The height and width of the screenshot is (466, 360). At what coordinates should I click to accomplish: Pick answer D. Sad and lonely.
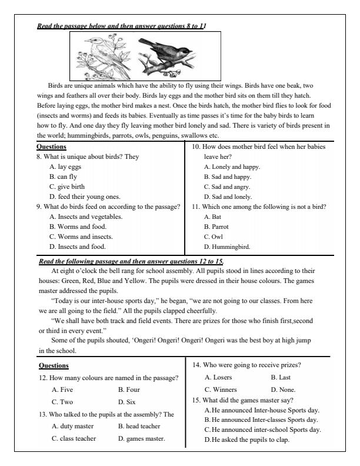[227, 196]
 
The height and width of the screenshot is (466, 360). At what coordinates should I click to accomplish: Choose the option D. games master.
[141, 438]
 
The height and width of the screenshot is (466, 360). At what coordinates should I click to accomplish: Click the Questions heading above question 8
[51, 147]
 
